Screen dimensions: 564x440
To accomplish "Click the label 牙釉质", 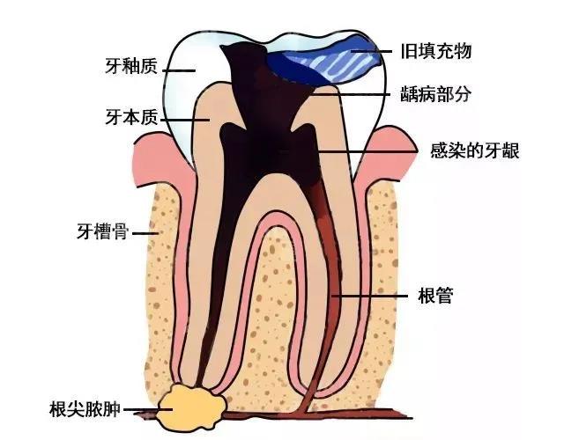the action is click(131, 66).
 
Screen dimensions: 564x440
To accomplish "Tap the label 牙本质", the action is click(131, 117).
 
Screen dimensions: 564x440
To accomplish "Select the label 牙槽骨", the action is click(103, 231).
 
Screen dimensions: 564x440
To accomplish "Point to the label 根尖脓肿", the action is click(85, 409).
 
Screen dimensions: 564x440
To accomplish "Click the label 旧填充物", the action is click(436, 51).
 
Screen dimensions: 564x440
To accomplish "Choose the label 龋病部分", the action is click(436, 94).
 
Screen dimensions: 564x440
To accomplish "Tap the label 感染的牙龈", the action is click(475, 150).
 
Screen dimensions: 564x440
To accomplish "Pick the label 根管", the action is click(435, 296).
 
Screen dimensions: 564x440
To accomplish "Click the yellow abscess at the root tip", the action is click(191, 407).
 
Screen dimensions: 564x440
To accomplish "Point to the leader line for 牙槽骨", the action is click(145, 233).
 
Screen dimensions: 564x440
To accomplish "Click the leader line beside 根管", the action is click(369, 297).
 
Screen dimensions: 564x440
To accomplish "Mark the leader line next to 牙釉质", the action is click(179, 70).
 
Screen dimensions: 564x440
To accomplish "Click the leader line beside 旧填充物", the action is click(371, 52).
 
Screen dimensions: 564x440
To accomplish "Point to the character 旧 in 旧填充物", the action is click(409, 51).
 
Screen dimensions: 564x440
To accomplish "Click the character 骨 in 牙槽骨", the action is click(121, 231).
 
